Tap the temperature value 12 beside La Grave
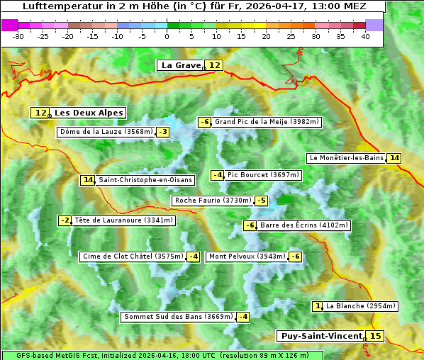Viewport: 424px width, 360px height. point(215,65)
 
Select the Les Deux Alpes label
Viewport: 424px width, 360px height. point(89,113)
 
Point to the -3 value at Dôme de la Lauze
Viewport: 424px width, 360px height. point(163,132)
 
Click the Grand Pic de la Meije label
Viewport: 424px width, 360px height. point(267,122)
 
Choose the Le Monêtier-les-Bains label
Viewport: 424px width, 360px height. point(345,158)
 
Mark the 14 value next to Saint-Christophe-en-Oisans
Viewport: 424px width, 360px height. point(88,180)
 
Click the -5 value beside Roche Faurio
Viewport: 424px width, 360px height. point(262,201)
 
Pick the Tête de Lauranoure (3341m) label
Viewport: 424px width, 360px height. point(123,220)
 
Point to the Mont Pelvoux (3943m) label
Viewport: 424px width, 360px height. point(247,257)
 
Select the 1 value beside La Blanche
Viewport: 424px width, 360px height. point(318,306)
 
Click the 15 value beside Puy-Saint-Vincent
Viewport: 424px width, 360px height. point(376,336)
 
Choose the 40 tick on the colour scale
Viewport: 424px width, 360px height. point(365,36)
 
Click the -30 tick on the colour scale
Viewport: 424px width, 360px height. point(18,36)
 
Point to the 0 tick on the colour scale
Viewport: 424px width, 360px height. point(167,36)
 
